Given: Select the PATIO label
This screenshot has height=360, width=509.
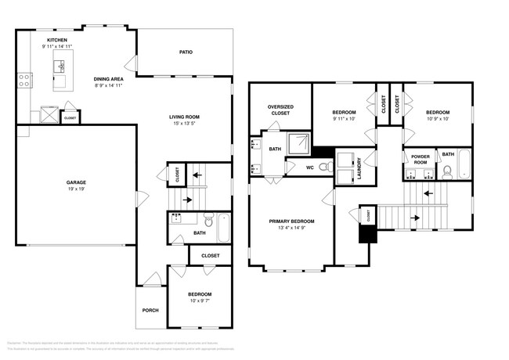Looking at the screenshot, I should click(186, 52).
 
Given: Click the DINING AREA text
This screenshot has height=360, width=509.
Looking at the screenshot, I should click(107, 79).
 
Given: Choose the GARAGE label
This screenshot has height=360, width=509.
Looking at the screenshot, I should click(76, 182).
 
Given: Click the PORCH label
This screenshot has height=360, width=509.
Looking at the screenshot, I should click(150, 310).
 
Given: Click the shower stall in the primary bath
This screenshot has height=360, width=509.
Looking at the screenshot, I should click(298, 142).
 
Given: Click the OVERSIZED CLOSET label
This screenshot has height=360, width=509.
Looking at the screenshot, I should click(280, 110).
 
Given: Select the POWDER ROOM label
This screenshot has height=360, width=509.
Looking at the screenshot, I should click(420, 159).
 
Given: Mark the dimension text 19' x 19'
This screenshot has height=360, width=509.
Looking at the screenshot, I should click(76, 189).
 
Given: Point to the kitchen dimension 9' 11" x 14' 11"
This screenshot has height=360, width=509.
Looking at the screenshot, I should click(57, 47).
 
